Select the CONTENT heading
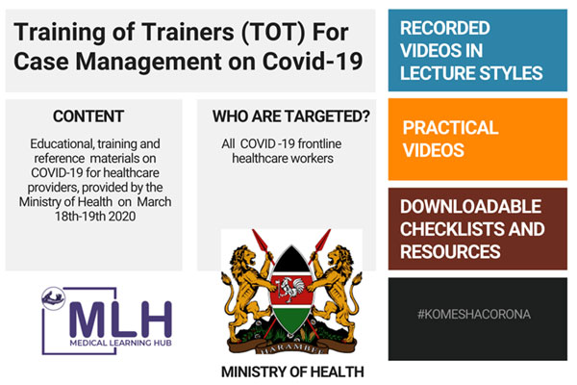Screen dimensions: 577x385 (x=88, y=116)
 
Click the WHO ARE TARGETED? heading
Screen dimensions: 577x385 (x=290, y=116)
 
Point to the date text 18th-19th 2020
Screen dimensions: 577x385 (x=95, y=217)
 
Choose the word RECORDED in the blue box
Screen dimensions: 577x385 (x=445, y=28)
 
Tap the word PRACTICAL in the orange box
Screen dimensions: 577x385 (x=450, y=128)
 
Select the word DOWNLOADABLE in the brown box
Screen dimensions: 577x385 (x=470, y=207)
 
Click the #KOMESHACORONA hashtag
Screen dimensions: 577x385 (x=474, y=315)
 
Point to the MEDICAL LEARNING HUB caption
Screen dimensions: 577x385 (x=121, y=343)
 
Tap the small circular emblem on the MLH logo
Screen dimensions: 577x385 (x=53, y=298)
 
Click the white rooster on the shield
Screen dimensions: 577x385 (x=291, y=289)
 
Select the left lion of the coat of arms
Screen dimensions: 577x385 (x=245, y=291)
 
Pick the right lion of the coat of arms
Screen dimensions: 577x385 (x=338, y=291)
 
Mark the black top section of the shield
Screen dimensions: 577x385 (x=291, y=261)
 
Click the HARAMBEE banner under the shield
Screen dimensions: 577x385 (x=291, y=347)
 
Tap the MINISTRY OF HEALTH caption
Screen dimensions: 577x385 (x=292, y=372)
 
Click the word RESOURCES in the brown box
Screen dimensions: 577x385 (x=450, y=252)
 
